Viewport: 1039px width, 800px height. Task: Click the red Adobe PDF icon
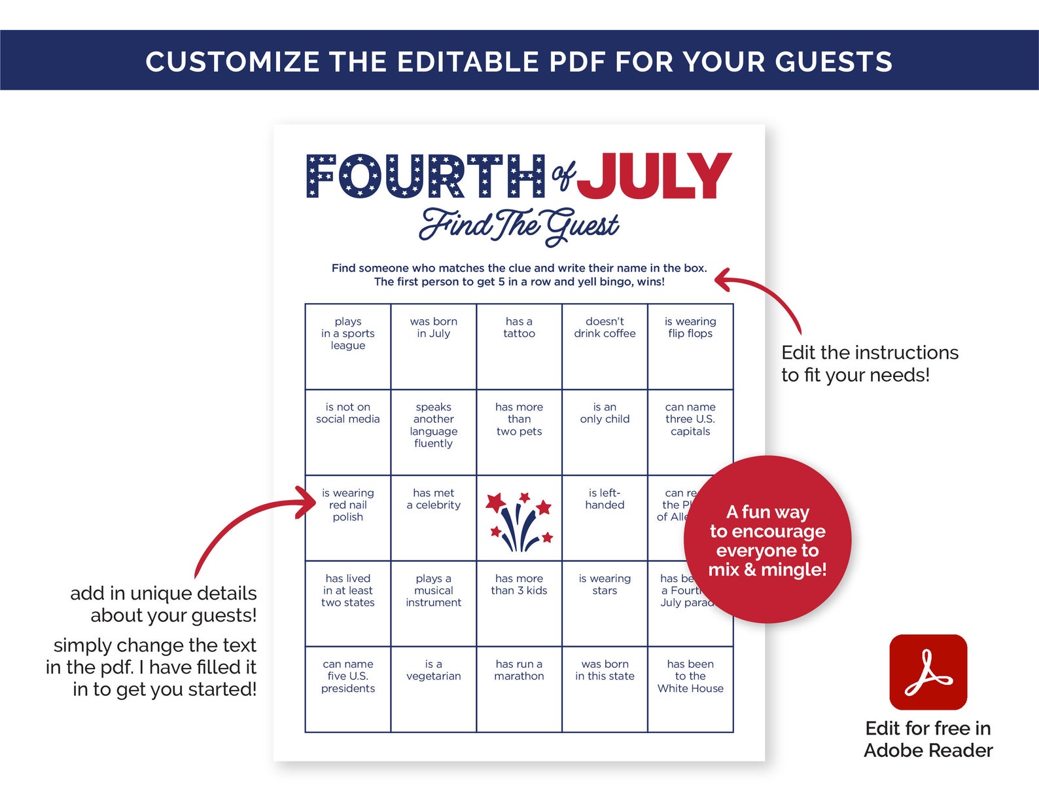928,672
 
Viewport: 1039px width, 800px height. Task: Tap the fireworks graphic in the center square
519,520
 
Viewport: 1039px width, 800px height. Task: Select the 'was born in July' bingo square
433,346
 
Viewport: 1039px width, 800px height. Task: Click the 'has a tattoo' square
519,346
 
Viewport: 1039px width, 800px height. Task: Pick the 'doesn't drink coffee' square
605,346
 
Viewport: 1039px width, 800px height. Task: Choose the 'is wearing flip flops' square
690,346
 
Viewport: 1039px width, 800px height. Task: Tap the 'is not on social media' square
347,432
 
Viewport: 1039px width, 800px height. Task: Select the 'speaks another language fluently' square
433,432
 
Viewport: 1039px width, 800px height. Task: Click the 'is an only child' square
605,432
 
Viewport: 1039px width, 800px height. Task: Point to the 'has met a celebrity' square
433,518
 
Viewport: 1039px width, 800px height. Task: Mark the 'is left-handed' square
605,518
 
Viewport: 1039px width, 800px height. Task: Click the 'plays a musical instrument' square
433,603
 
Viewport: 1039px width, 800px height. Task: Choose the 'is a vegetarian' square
433,689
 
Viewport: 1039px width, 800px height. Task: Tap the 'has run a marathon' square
519,689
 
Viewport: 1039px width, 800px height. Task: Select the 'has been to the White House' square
690,689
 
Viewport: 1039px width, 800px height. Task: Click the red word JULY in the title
654,176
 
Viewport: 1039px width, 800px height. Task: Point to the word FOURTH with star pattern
425,176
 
